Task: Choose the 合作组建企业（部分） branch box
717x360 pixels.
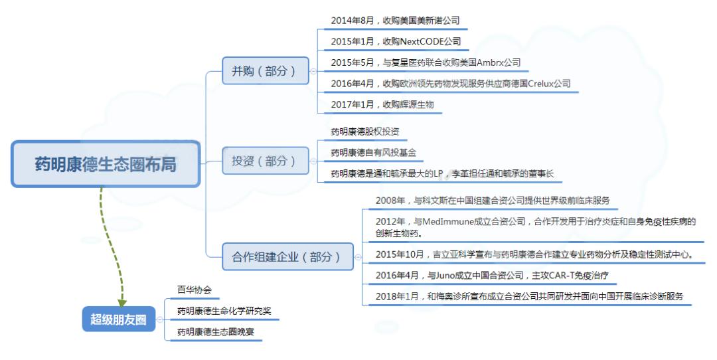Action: (x=286, y=256)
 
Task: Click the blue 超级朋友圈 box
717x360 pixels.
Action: (x=118, y=319)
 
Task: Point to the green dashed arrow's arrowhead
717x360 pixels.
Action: (x=122, y=303)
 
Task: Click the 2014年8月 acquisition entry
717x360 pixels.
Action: (x=395, y=21)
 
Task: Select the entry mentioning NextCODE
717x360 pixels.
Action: (x=396, y=42)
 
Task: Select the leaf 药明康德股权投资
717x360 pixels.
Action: (x=364, y=132)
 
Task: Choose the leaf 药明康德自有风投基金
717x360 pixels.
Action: (x=373, y=153)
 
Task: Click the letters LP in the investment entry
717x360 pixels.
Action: (x=438, y=174)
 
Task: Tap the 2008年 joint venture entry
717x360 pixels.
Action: (x=492, y=200)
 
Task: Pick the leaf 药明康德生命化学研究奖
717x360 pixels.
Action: (x=224, y=311)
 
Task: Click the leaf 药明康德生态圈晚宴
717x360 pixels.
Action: (x=215, y=332)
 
